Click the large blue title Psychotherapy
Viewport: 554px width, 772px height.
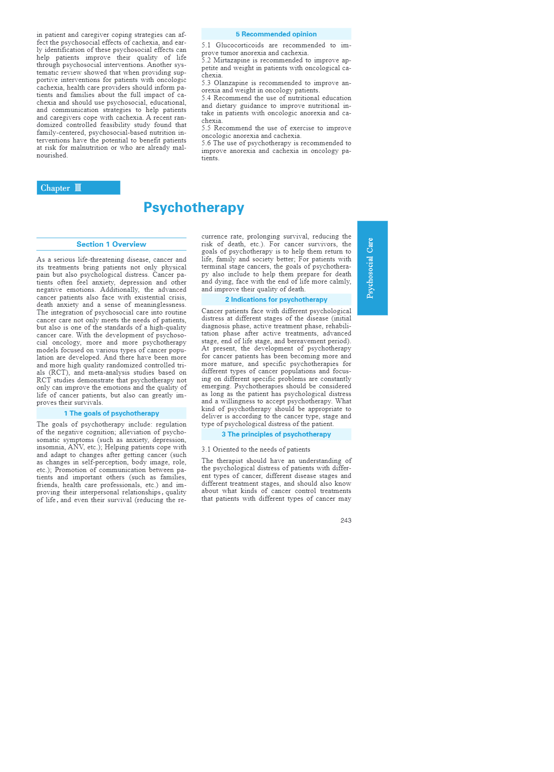[194, 208]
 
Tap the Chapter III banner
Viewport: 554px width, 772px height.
[78, 188]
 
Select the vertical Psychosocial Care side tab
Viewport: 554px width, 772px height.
[372, 268]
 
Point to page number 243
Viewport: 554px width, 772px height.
[346, 520]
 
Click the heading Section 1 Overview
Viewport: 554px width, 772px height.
[111, 244]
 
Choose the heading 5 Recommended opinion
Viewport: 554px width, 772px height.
[276, 34]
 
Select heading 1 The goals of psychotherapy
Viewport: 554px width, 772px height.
[111, 413]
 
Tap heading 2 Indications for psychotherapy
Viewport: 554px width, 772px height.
[276, 300]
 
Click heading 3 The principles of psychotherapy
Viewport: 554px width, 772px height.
[276, 434]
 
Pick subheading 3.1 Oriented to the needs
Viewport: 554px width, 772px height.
[256, 449]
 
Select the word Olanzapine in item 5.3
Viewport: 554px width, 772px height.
[231, 83]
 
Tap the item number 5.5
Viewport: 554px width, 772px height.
[206, 128]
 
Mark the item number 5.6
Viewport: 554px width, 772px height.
[206, 143]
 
